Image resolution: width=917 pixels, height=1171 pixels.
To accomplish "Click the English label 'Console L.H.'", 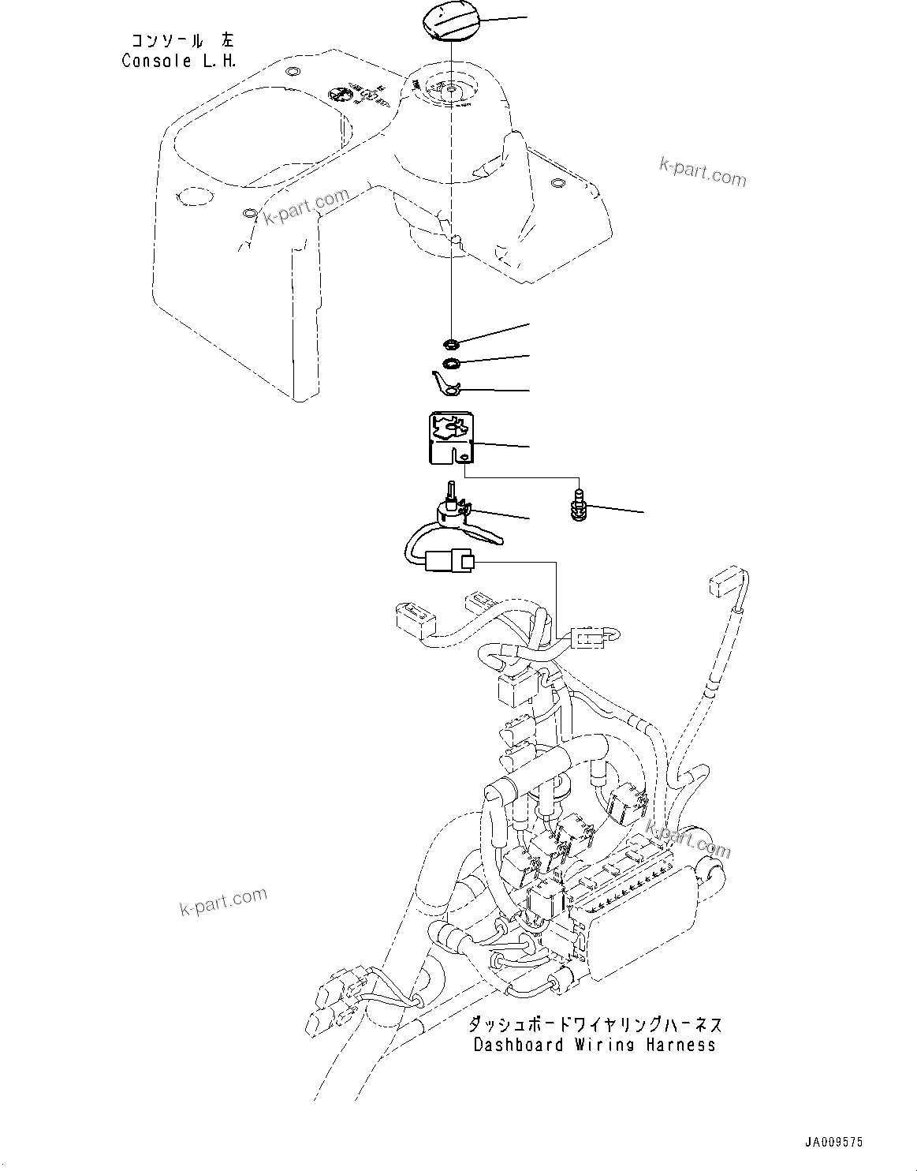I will tap(178, 61).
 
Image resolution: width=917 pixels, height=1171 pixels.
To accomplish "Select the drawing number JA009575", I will tap(833, 1142).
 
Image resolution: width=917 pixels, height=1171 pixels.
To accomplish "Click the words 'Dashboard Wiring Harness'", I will tap(595, 1045).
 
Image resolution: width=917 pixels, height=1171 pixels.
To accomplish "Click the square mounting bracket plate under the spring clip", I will tap(446, 438).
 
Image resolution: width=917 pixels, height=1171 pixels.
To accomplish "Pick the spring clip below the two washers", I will tap(446, 384).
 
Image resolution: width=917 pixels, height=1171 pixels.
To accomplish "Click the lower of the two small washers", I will tap(452, 363).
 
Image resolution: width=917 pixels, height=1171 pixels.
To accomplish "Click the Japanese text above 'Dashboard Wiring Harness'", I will tap(595, 1024).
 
